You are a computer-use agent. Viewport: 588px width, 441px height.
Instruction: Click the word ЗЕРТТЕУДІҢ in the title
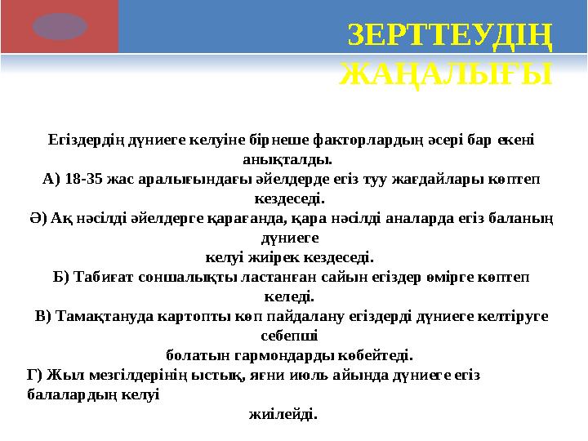[x=449, y=36]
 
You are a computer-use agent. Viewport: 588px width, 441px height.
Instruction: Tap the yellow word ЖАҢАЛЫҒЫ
[x=445, y=75]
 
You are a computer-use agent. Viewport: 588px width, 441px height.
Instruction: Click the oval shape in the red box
[x=60, y=27]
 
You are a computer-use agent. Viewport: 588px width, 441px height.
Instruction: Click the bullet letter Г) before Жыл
[x=34, y=376]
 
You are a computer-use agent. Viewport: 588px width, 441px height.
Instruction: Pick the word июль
[x=321, y=376]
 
